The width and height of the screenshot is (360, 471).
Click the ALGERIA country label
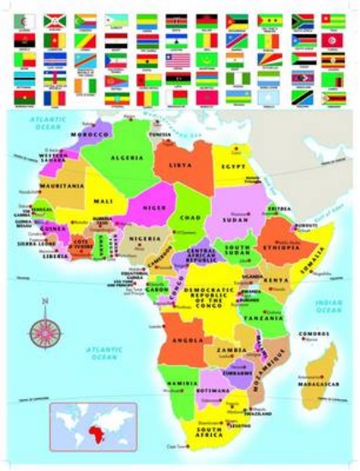point(125,158)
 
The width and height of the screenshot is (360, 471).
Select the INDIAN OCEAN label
point(328,306)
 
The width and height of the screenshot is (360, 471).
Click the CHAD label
point(190,218)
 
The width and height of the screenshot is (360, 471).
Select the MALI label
point(104,201)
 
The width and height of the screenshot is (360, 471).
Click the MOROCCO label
point(91,135)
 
